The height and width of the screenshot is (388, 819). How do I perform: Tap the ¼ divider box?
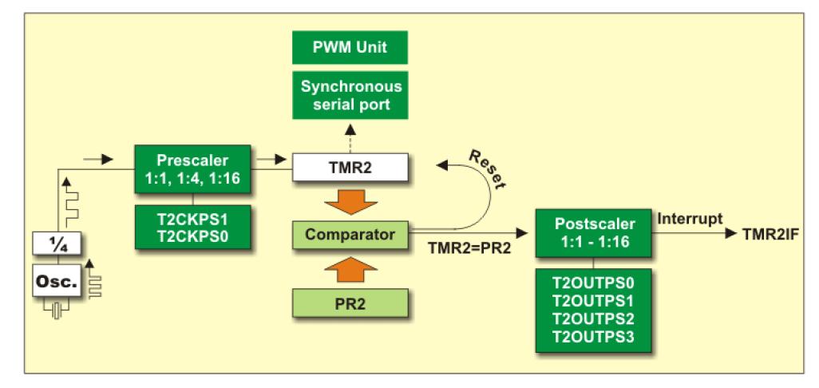pyautogui.click(x=56, y=247)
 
